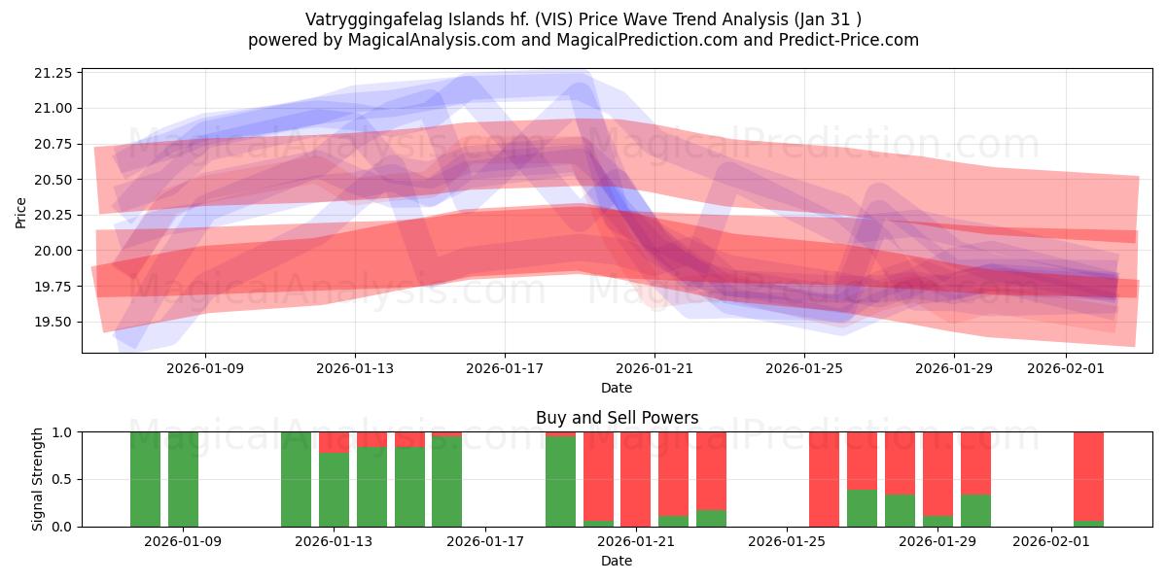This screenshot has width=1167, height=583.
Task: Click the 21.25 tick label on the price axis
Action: tap(53, 73)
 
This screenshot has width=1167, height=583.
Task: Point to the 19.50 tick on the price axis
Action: tap(53, 322)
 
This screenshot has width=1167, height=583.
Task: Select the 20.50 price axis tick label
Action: tap(53, 180)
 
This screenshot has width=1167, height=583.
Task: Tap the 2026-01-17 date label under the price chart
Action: tap(504, 368)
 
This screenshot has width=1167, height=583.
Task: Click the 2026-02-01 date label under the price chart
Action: tap(1067, 368)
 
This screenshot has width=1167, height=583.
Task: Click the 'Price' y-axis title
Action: tap(20, 211)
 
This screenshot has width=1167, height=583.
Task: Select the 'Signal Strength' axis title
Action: tap(37, 478)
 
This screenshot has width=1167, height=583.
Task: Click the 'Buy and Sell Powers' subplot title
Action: tap(617, 418)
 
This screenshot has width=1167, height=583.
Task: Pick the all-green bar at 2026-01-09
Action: tap(183, 478)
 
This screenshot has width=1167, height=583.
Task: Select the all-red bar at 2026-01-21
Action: tap(635, 478)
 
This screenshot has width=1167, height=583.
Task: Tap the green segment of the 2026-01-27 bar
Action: tap(862, 508)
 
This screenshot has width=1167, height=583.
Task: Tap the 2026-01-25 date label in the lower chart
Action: tap(786, 541)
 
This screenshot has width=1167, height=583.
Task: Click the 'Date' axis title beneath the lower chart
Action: tap(617, 561)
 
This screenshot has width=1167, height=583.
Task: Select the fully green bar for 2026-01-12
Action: tap(296, 478)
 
